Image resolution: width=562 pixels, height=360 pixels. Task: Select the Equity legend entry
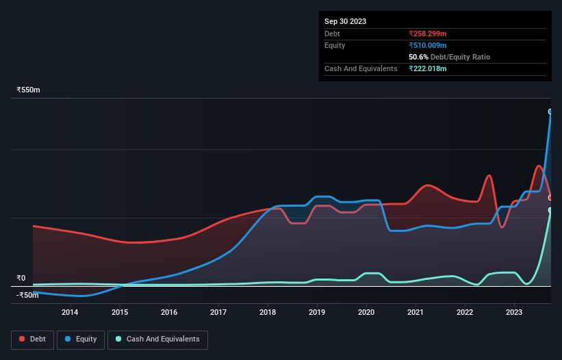pyautogui.click(x=81, y=339)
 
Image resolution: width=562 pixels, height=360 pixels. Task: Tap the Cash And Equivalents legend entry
pyautogui.click(x=157, y=339)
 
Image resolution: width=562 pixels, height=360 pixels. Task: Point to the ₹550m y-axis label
pyautogui.click(x=29, y=90)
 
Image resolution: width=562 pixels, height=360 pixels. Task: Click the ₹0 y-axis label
pyautogui.click(x=21, y=278)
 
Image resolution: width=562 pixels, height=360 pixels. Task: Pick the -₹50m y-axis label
pyautogui.click(x=27, y=296)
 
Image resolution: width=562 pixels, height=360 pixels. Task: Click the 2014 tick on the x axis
pyautogui.click(x=70, y=313)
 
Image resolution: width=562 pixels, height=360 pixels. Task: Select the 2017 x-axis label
pyautogui.click(x=218, y=313)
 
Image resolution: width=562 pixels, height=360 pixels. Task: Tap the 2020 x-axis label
pyautogui.click(x=366, y=313)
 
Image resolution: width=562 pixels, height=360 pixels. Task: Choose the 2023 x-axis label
pyautogui.click(x=514, y=313)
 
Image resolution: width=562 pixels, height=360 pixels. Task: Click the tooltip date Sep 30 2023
pyautogui.click(x=345, y=21)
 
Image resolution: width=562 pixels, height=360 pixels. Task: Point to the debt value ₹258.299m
pyautogui.click(x=428, y=34)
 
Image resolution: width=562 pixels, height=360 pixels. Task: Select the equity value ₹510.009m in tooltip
pyautogui.click(x=428, y=45)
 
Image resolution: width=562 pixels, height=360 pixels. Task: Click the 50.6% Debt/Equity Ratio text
pyautogui.click(x=449, y=57)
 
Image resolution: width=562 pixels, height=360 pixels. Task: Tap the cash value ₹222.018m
pyautogui.click(x=428, y=68)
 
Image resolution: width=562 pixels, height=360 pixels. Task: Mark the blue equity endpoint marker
pyautogui.click(x=550, y=112)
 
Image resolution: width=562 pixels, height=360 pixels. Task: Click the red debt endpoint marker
pyautogui.click(x=550, y=198)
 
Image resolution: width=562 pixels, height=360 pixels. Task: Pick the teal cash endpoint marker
pyautogui.click(x=550, y=210)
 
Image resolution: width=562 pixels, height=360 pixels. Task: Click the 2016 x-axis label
pyautogui.click(x=169, y=313)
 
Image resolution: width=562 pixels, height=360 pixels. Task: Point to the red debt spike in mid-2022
pyautogui.click(x=489, y=176)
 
